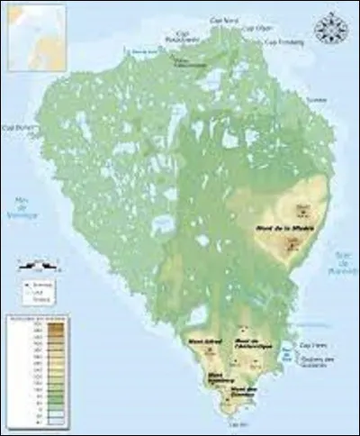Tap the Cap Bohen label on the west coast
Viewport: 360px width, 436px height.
[x=16, y=128]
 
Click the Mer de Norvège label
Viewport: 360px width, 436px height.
[x=16, y=209]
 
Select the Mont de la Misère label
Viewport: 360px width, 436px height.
[x=279, y=228]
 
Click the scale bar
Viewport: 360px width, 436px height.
[x=38, y=266]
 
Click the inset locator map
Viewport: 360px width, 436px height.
[x=34, y=34]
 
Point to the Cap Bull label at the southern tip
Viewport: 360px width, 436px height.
[x=237, y=423]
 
